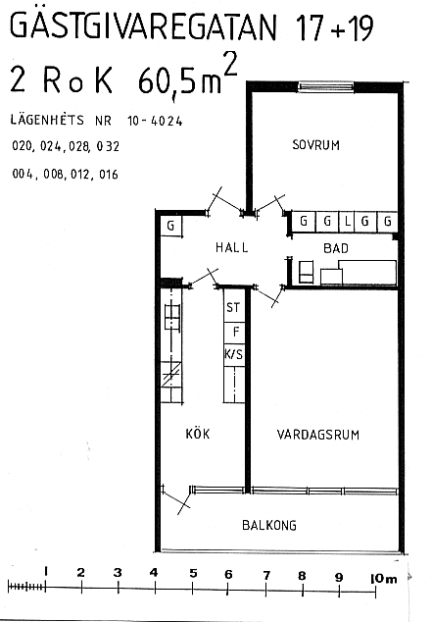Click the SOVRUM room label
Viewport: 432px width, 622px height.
pos(316,145)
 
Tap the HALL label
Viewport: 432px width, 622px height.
pos(232,247)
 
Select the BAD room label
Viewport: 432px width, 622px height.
pos(336,248)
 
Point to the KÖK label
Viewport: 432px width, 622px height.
pos(198,434)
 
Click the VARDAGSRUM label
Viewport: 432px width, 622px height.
pos(318,435)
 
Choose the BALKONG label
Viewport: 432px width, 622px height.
pos(269,525)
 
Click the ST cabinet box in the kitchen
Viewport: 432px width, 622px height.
pos(234,306)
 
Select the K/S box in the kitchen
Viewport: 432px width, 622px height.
pos(234,355)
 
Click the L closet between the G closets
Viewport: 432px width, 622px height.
pos(347,221)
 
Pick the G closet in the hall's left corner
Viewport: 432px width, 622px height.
pos(170,226)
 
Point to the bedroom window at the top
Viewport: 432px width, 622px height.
pos(325,86)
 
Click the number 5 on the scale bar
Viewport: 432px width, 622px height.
pos(193,573)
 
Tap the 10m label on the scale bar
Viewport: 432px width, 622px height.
pos(383,579)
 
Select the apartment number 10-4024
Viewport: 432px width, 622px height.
pos(155,121)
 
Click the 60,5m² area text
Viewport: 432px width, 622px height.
pos(188,76)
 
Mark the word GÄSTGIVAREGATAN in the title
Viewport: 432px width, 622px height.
pos(143,26)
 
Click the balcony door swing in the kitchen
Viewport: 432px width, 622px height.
pos(177,499)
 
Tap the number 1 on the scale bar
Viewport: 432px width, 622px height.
pos(46,571)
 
